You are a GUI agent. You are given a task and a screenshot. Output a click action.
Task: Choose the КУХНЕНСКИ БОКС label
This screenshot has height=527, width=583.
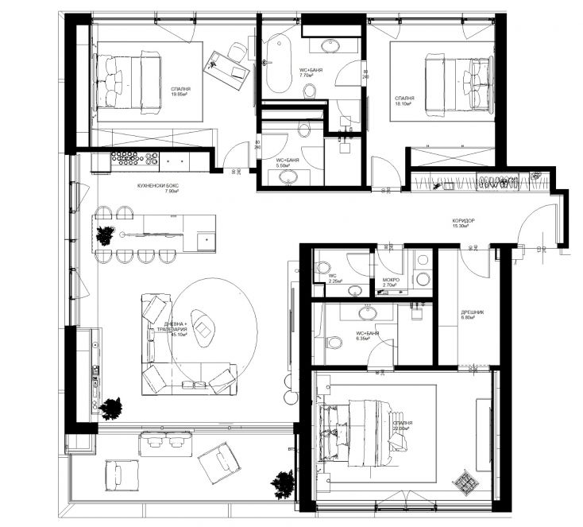tap(157, 188)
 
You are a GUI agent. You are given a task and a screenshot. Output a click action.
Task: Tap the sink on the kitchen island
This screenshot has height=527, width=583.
tap(205, 237)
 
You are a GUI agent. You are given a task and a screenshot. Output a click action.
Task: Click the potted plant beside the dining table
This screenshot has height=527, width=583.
tap(104, 235)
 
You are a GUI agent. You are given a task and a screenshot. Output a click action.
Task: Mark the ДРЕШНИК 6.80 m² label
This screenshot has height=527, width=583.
tap(472, 316)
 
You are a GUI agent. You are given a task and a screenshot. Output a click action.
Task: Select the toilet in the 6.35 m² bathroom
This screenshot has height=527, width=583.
tap(334, 343)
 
